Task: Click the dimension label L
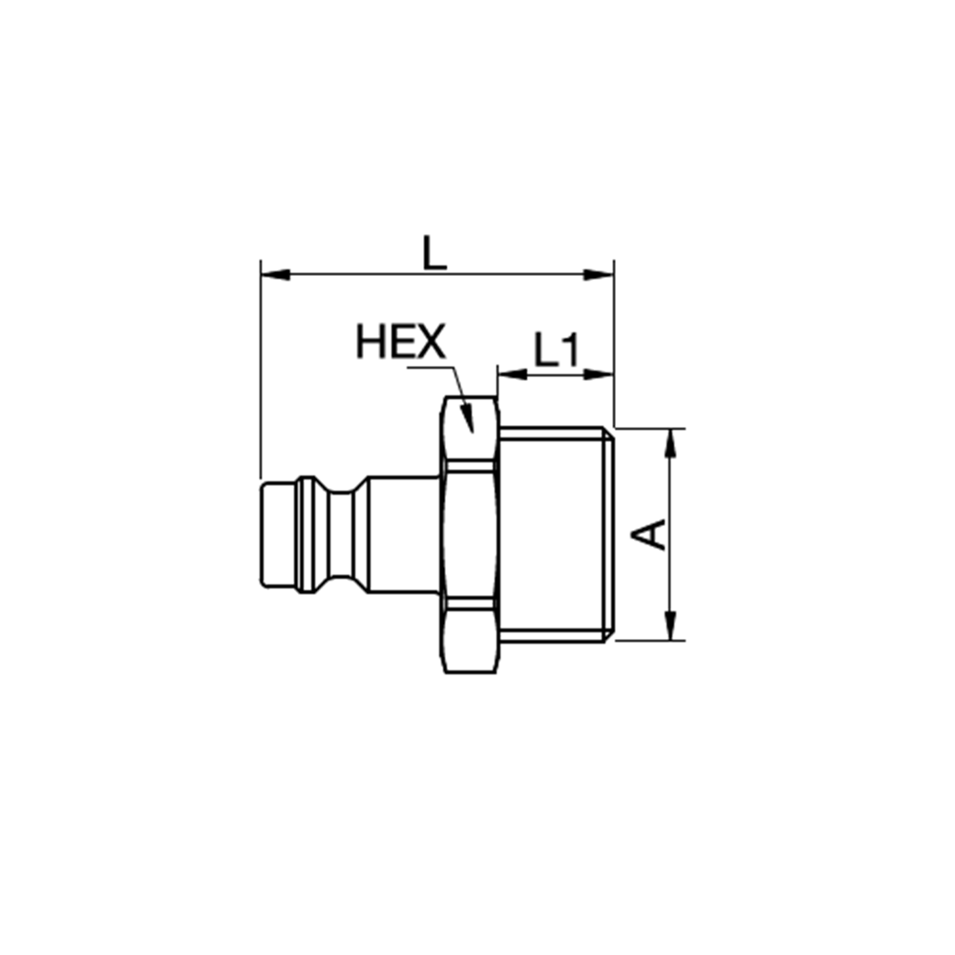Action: [435, 253]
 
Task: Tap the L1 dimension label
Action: [557, 350]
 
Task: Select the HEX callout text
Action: [401, 342]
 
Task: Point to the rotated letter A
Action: [648, 535]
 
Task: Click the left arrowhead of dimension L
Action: [275, 275]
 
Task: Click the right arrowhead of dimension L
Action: [598, 275]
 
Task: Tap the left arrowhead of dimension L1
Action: [512, 374]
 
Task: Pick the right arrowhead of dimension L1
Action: [598, 374]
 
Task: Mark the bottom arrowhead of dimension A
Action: [670, 626]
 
